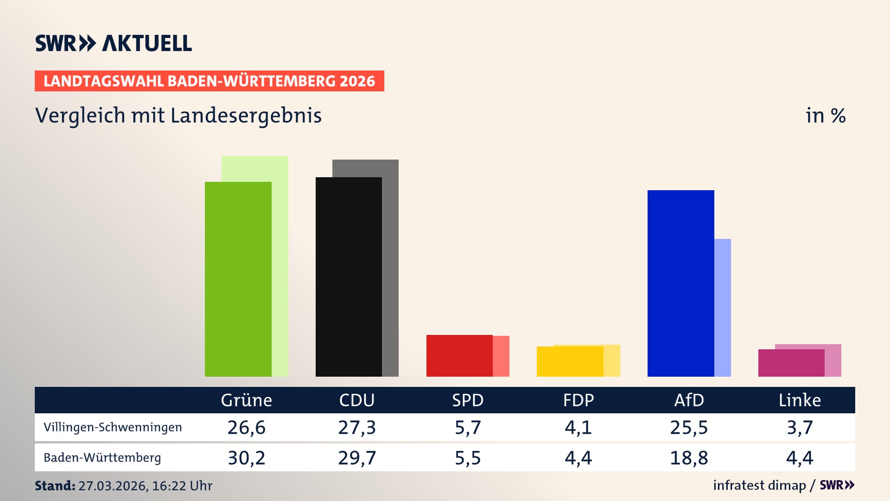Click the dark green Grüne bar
238,278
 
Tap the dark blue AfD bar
680,283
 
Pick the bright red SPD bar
459,355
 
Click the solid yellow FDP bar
570,361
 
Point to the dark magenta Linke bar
791,363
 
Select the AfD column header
689,400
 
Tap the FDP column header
578,400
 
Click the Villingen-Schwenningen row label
113,427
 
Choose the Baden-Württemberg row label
102,458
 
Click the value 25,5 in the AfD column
689,427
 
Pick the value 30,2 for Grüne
246,458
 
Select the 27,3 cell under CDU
356,427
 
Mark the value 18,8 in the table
689,458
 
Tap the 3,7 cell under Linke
800,427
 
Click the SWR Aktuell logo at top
114,43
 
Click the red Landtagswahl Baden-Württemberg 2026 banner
209,81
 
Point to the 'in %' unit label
826,116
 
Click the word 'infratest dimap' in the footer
759,485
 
